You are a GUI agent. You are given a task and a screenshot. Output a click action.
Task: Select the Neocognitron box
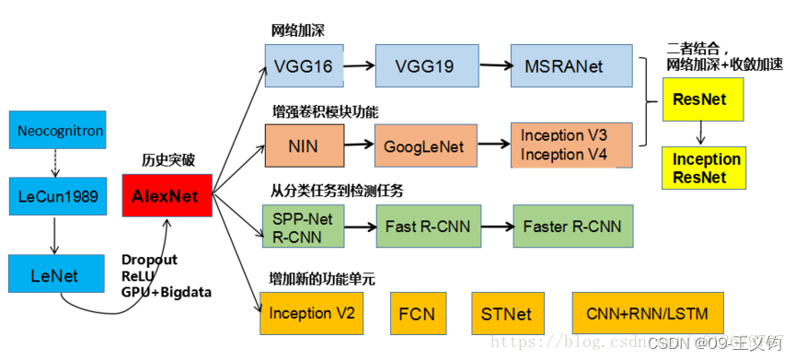tap(60, 131)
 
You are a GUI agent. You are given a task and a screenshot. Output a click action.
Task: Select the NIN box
tap(304, 145)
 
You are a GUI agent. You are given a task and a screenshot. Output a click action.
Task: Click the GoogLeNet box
tap(422, 145)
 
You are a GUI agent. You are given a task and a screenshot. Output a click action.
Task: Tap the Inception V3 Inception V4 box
tap(571, 145)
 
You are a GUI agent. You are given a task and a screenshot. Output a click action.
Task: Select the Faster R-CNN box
tap(571, 226)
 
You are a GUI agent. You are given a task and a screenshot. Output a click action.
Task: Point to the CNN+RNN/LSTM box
tap(647, 313)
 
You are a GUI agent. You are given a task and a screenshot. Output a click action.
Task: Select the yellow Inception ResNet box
tap(706, 168)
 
